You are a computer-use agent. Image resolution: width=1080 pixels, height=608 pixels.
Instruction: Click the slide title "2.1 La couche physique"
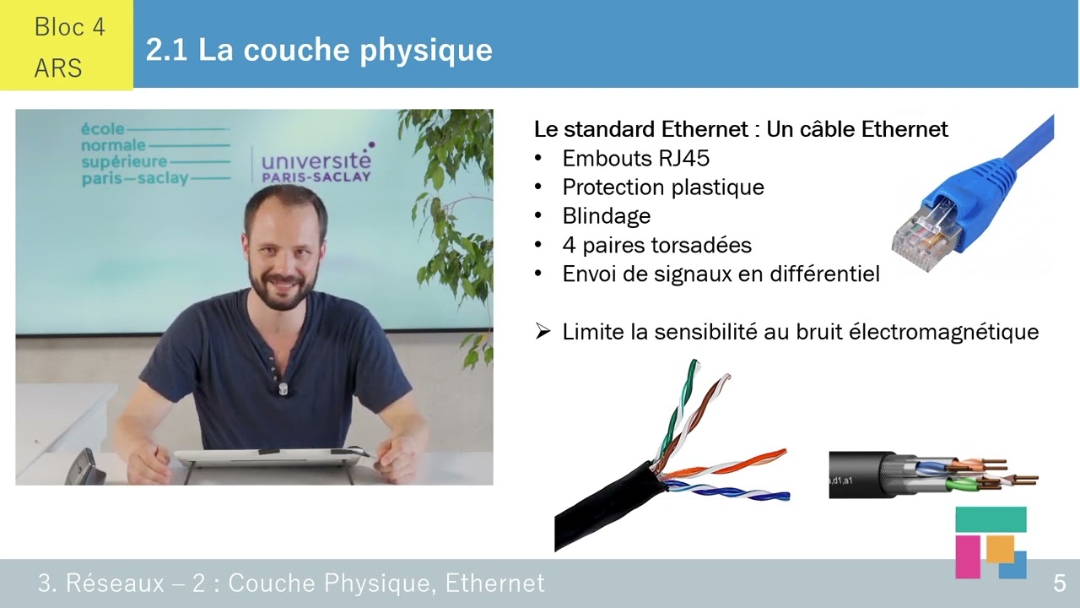pyautogui.click(x=319, y=50)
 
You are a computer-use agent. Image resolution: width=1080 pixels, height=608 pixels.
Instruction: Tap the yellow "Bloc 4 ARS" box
pyautogui.click(x=67, y=46)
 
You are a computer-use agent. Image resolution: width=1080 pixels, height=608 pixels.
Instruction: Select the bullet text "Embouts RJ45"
pyautogui.click(x=635, y=159)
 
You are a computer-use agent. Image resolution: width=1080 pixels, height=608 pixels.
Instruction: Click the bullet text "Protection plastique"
pyautogui.click(x=663, y=187)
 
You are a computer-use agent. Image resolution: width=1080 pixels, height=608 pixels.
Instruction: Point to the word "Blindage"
pyautogui.click(x=606, y=216)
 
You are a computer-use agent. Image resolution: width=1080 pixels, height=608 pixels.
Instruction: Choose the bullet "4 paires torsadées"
pyautogui.click(x=656, y=246)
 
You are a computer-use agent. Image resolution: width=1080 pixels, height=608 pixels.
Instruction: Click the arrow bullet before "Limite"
pyautogui.click(x=543, y=332)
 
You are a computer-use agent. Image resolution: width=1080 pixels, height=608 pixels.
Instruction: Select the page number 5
pyautogui.click(x=1059, y=583)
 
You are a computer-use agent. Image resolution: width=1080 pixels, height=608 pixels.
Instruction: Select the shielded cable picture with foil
pyautogui.click(x=928, y=475)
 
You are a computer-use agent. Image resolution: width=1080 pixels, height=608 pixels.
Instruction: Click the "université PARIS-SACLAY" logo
pyautogui.click(x=316, y=166)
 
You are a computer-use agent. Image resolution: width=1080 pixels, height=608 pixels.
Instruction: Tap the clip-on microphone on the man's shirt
pyautogui.click(x=283, y=388)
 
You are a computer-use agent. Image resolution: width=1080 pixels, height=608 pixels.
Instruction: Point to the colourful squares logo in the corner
pyautogui.click(x=991, y=542)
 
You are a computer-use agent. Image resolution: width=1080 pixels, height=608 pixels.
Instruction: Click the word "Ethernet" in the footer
pyautogui.click(x=494, y=583)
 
